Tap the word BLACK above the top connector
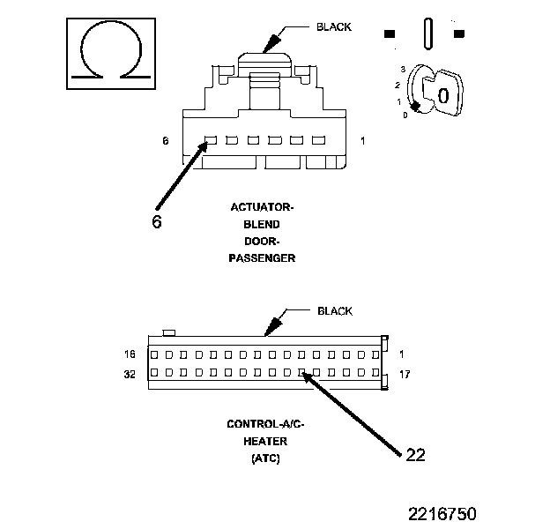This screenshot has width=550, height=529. (333, 26)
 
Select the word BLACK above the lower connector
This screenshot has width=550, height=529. (334, 311)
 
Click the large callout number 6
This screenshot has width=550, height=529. (156, 221)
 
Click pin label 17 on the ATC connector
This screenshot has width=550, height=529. (405, 374)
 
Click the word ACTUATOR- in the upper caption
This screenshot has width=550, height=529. (262, 207)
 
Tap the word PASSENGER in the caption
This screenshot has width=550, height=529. (262, 258)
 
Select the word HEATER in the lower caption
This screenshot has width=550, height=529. (265, 442)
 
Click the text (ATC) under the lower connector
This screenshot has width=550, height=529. (265, 458)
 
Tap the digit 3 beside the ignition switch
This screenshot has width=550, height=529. (402, 69)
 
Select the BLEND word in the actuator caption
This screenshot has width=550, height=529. (262, 224)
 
